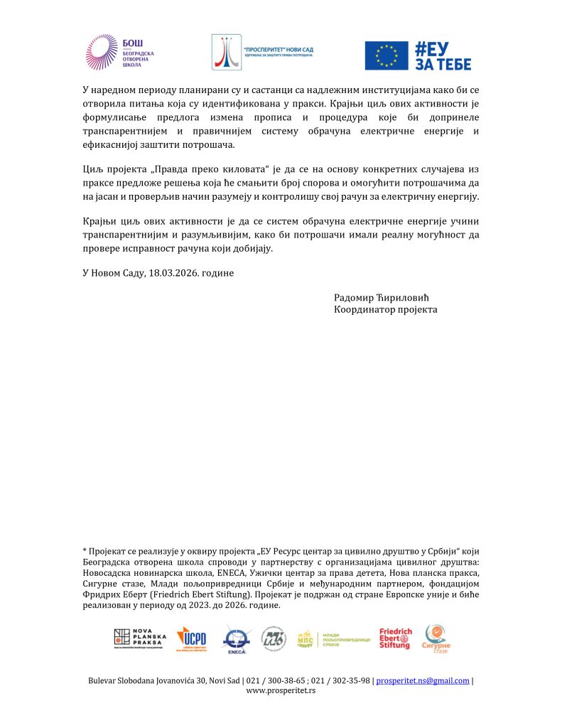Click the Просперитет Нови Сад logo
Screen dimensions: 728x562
click(262, 53)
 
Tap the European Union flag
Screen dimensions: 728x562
click(386, 55)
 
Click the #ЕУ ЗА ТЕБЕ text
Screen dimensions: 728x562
click(442, 55)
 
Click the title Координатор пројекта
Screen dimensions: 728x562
click(385, 310)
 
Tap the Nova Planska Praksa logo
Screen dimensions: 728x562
click(140, 638)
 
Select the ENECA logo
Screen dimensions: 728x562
click(236, 638)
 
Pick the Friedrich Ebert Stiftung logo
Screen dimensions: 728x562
click(395, 638)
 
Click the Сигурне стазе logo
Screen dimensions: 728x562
click(436, 638)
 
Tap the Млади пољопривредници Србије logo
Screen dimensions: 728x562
click(333, 638)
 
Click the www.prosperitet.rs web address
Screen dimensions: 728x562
click(281, 690)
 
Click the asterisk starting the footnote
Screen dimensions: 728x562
click(85, 552)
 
